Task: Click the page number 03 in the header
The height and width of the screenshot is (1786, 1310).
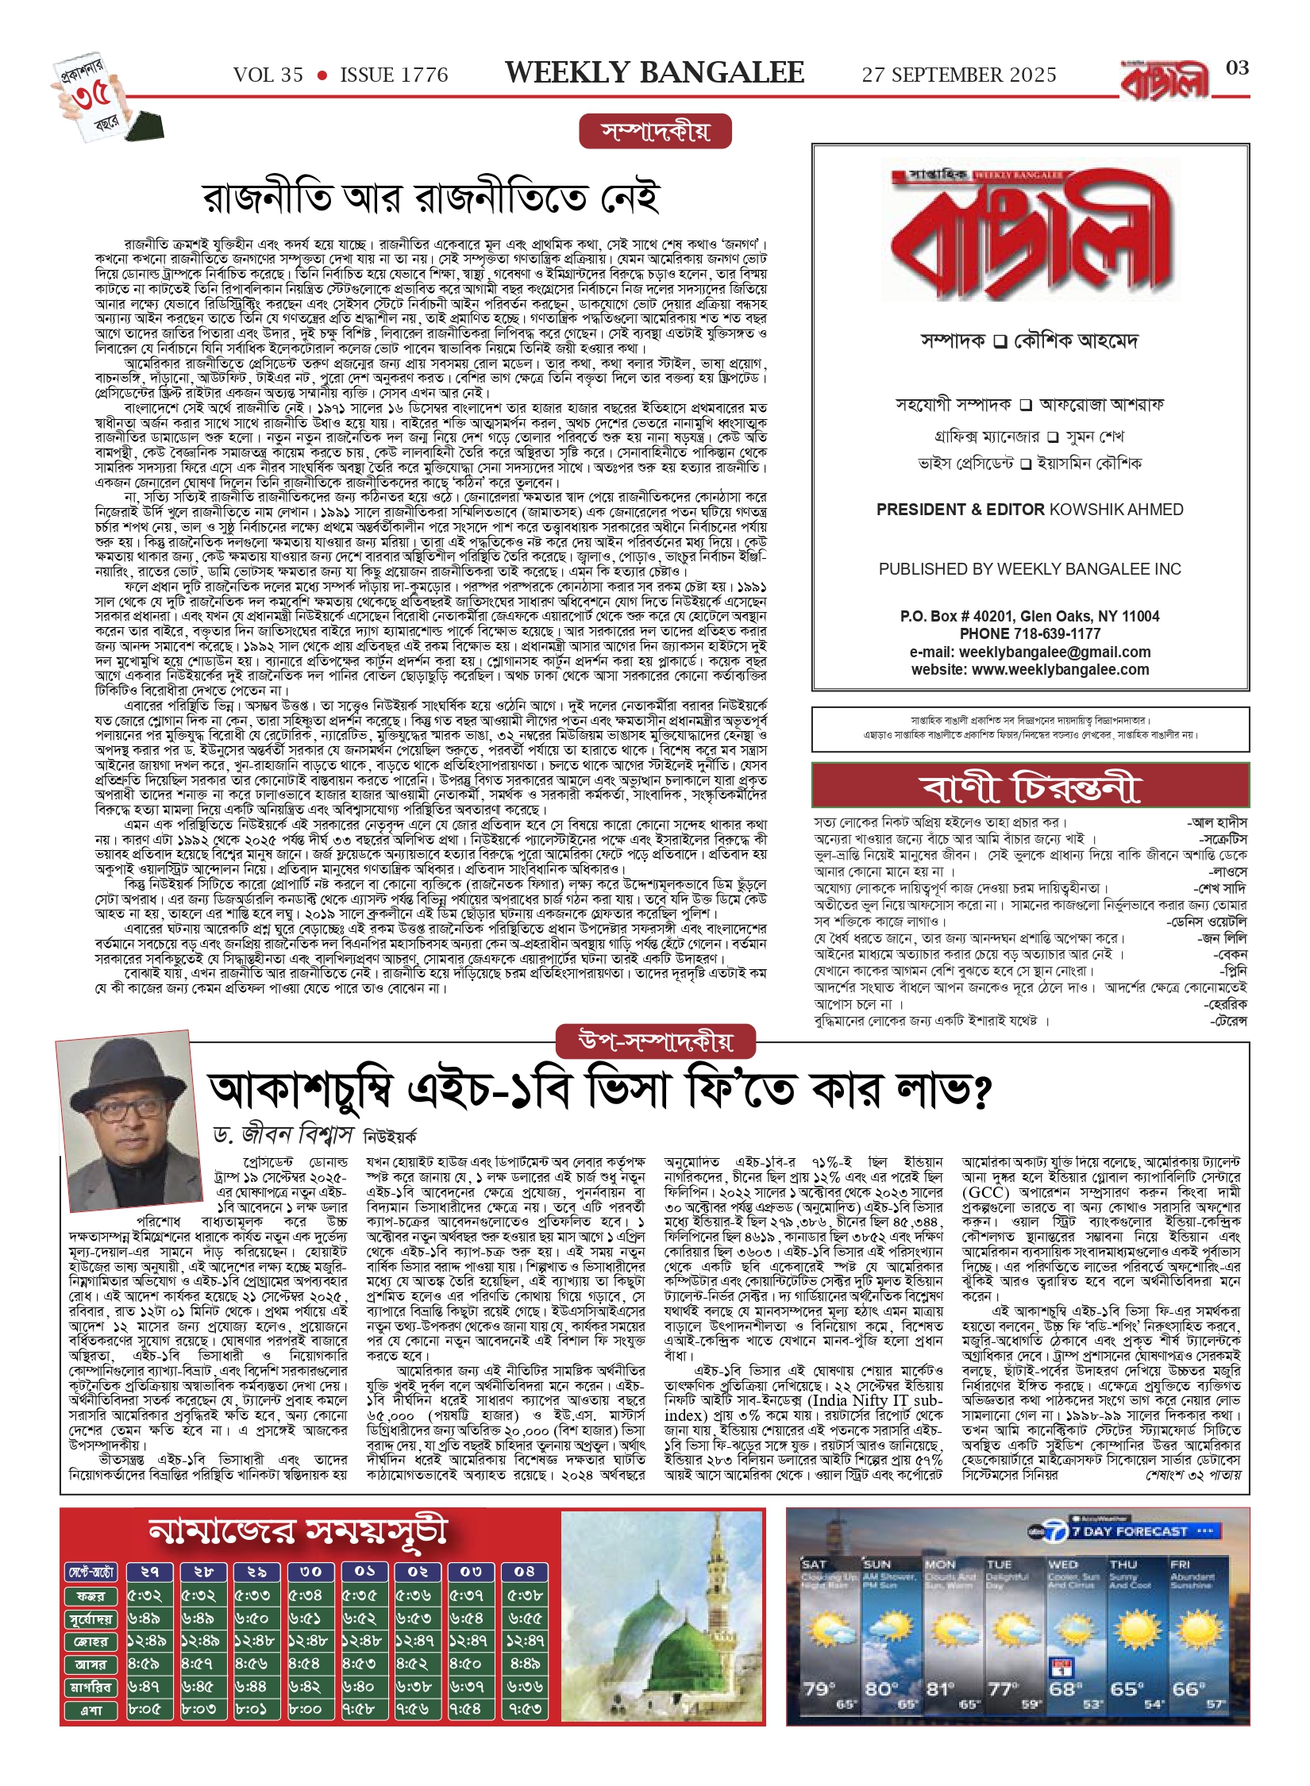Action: (x=1237, y=68)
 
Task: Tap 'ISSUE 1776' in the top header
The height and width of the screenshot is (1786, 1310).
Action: (x=394, y=75)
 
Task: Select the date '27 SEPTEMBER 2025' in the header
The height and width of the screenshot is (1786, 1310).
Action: (x=959, y=75)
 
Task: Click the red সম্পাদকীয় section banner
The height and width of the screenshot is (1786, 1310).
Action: (x=655, y=132)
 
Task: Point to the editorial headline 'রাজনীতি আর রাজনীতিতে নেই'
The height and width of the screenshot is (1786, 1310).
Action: (x=431, y=198)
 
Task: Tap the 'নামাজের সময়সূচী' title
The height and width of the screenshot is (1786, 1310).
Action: (x=299, y=1531)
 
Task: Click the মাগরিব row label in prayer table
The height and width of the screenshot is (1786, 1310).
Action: (x=91, y=1687)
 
